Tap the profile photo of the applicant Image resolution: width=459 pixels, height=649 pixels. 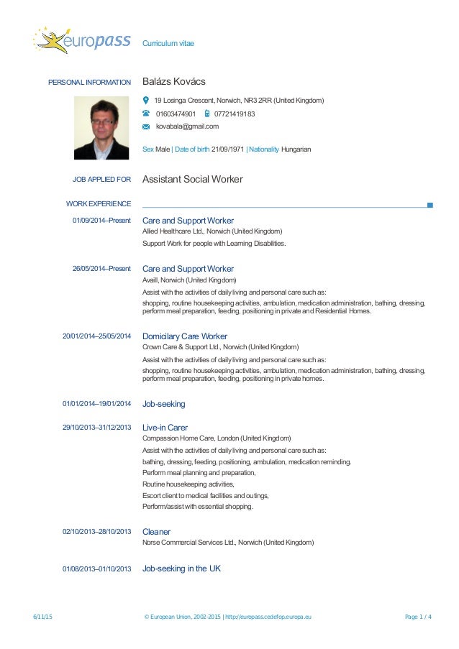coord(101,129)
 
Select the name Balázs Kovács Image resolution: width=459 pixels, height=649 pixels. coord(174,82)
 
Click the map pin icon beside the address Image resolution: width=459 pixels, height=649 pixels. coord(146,101)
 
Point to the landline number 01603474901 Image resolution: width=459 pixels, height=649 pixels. coord(176,114)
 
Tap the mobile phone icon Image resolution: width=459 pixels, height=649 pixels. coord(207,114)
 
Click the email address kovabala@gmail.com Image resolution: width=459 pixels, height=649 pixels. coord(187,126)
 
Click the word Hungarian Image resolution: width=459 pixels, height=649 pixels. coord(296,149)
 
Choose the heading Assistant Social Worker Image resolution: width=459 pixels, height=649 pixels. coord(193,179)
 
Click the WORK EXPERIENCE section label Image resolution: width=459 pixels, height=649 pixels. coord(99,204)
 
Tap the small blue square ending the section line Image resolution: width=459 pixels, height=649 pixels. coord(430,205)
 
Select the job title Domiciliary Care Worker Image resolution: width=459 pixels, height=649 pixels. coord(185,336)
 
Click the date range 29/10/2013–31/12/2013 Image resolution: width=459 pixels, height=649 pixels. coord(97,428)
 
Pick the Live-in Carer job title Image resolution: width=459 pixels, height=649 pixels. coord(165,428)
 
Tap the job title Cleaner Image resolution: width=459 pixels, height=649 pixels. coord(156,532)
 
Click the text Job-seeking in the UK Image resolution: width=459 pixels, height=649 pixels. coord(181,569)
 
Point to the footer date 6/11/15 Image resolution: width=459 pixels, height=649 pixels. coord(42,617)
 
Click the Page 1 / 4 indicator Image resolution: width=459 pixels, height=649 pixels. coord(419,617)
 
